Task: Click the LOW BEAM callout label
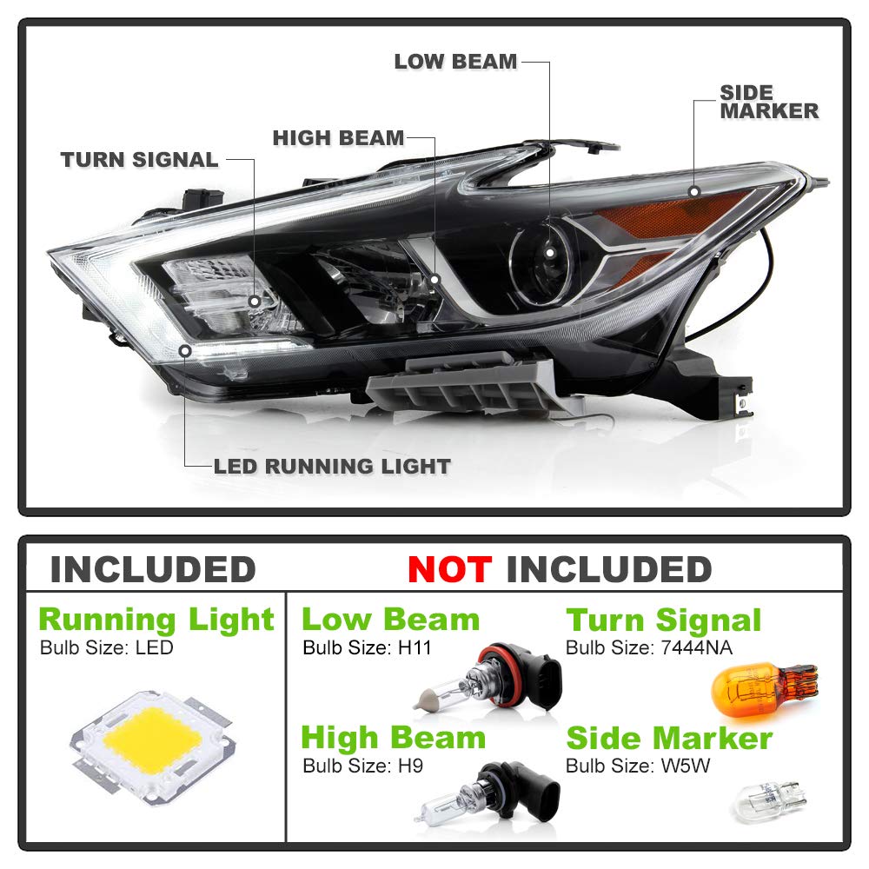point(455,62)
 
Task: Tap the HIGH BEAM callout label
point(338,138)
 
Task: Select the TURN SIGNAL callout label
point(139,160)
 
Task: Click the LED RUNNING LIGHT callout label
point(332,466)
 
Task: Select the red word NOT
point(450,570)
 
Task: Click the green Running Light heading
point(156,620)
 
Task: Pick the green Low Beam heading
point(390,620)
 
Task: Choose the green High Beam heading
point(393,738)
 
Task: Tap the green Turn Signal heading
point(664,620)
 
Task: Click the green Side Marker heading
point(669,739)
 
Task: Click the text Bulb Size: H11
point(367,647)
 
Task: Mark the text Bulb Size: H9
point(362,766)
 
